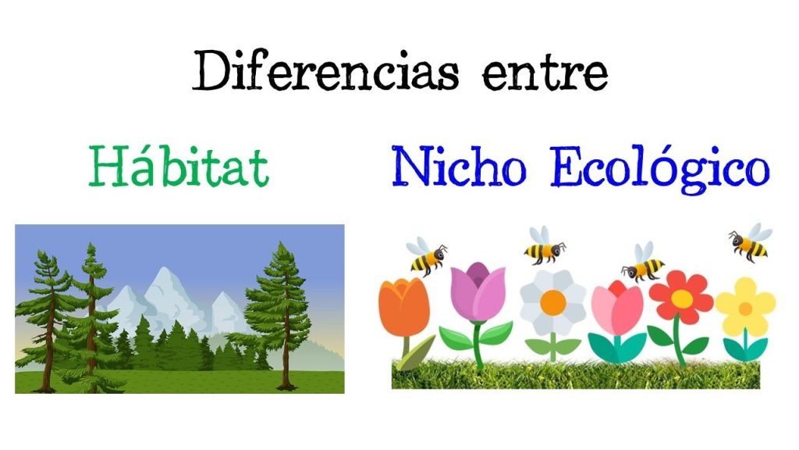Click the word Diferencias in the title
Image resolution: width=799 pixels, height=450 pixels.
click(325, 70)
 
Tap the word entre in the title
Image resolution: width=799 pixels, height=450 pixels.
click(545, 74)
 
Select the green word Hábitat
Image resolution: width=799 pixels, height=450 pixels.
click(179, 166)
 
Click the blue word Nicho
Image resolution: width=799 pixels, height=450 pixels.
click(459, 166)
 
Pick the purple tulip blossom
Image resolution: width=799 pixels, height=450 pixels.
click(478, 291)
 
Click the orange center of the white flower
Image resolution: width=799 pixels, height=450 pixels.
click(553, 302)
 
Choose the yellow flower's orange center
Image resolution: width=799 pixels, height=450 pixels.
click(745, 309)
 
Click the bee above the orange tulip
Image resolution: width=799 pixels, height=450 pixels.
click(427, 255)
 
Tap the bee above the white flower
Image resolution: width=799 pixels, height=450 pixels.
click(544, 246)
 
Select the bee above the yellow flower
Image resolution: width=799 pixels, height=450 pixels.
click(750, 242)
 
